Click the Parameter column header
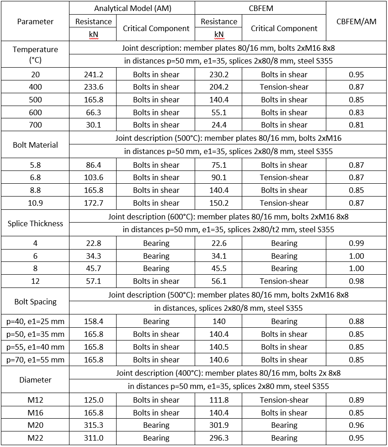35,21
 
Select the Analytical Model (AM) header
132,8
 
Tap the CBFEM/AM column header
356,21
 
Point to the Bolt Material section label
35,145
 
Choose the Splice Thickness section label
35,223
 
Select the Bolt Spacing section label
35,302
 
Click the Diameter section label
35,380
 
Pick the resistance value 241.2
93,74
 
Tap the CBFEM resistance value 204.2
219,87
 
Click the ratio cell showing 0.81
356,125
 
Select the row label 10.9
35,203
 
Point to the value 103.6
93,177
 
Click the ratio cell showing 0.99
356,243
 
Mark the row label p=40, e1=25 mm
35,321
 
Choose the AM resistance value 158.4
93,321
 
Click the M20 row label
35,425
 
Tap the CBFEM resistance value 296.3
219,438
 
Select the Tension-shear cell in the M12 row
284,400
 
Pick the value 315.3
93,425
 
